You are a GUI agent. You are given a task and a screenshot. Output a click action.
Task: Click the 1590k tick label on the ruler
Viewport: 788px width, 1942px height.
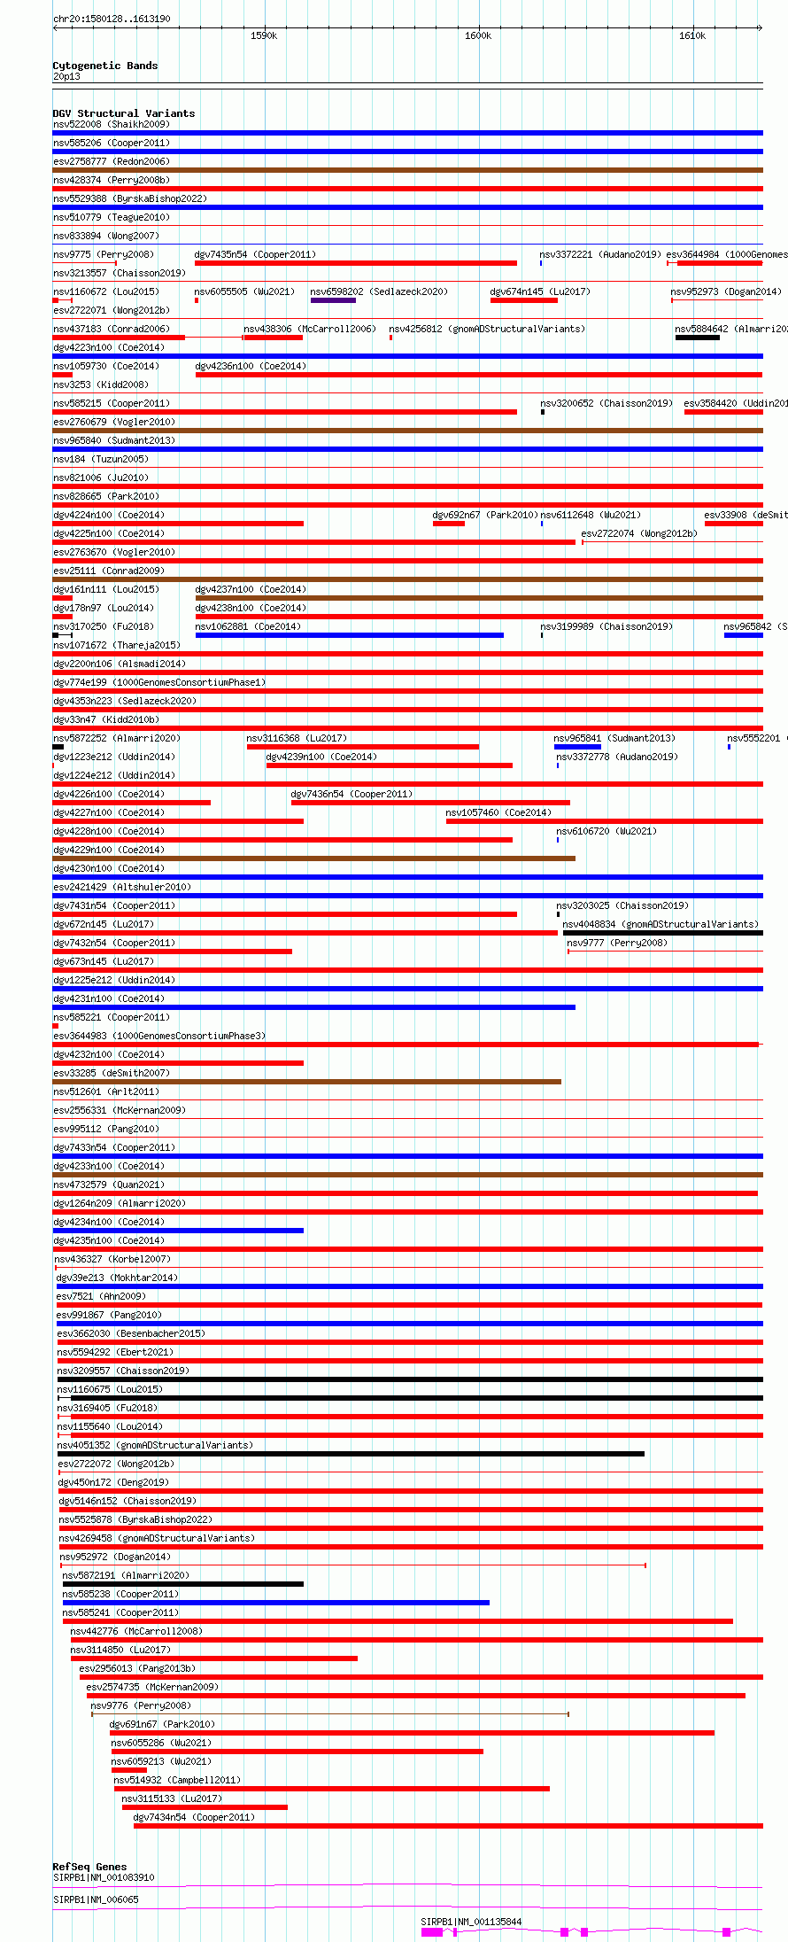[x=264, y=35]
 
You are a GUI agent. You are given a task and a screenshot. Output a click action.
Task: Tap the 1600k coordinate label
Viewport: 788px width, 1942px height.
[x=478, y=35]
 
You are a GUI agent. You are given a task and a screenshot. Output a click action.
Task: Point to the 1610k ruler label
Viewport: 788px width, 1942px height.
[x=692, y=35]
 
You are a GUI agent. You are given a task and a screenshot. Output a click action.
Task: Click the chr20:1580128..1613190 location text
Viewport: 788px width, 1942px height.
[x=112, y=19]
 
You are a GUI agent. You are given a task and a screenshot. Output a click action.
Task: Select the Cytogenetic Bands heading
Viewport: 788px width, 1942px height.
[x=104, y=66]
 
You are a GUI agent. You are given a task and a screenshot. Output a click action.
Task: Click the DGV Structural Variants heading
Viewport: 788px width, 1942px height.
[x=123, y=113]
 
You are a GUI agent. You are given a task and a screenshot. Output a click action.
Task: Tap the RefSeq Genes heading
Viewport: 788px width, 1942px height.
[x=89, y=1867]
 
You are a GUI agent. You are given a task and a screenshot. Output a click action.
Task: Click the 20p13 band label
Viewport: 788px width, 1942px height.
[x=66, y=76]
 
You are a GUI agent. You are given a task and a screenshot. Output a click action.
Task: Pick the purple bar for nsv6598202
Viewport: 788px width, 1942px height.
[x=333, y=300]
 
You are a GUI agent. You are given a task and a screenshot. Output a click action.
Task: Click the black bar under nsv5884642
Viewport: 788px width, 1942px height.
[x=697, y=338]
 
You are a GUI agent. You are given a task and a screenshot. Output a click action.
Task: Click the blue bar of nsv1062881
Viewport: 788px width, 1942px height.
[x=349, y=635]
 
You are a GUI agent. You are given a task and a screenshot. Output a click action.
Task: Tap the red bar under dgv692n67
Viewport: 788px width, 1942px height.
[x=448, y=524]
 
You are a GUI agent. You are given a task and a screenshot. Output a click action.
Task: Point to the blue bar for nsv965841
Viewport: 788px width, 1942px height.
[x=577, y=747]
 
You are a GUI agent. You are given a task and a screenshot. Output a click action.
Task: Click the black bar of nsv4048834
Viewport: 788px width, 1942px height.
[x=662, y=933]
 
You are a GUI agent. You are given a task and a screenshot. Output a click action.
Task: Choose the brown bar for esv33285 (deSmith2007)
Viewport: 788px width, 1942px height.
[x=306, y=1082]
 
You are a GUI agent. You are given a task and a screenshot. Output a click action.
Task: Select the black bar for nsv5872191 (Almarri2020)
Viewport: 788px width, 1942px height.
[x=182, y=1584]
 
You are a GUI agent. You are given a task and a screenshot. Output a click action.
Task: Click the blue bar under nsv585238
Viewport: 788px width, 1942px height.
[x=275, y=1603]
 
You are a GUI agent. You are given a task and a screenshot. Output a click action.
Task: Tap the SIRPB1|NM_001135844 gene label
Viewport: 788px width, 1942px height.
[x=471, y=1922]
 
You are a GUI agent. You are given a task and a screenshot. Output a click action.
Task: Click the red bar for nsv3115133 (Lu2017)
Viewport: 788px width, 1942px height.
[x=205, y=1807]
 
